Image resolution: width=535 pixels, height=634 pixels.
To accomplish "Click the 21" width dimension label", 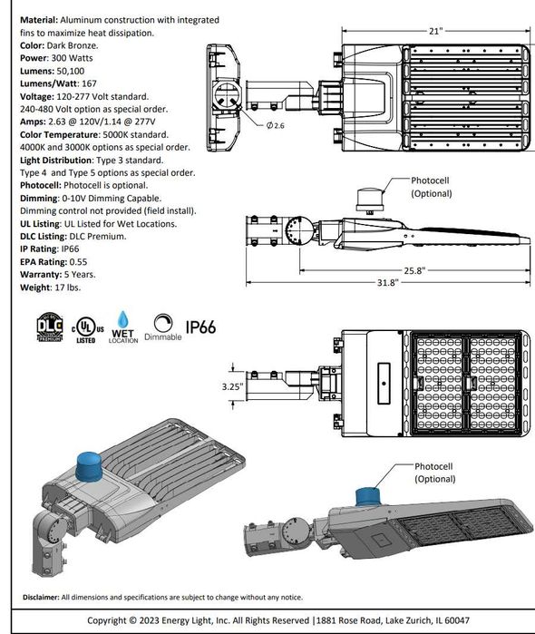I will (436, 31).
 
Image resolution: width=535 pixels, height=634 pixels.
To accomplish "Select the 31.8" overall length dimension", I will (387, 282).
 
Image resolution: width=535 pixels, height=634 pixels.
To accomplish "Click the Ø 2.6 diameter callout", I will (276, 126).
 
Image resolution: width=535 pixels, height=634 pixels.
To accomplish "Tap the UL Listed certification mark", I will (85, 328).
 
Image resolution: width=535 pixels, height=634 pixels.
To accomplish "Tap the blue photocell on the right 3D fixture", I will (367, 495).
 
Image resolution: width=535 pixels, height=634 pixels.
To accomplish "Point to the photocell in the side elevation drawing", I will (371, 200).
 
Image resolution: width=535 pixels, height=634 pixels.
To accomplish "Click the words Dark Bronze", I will (72, 44).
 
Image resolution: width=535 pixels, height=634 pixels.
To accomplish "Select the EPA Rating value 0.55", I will (79, 262).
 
